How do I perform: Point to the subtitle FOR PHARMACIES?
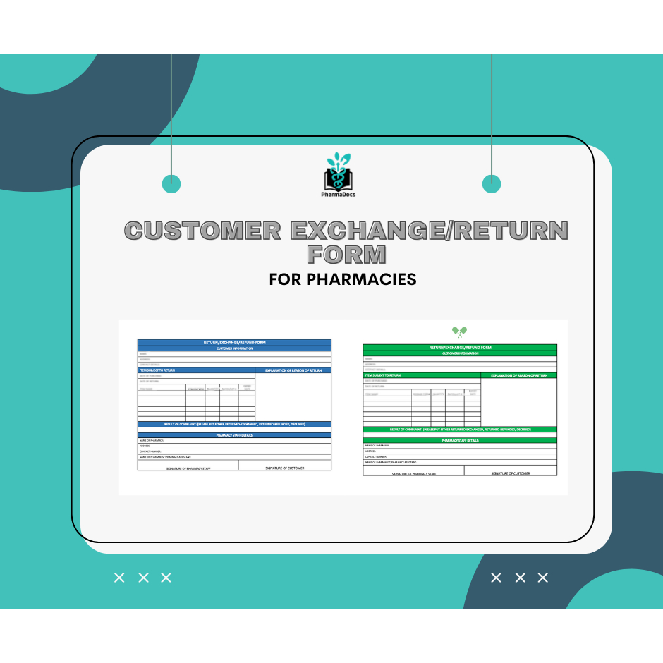click(343, 279)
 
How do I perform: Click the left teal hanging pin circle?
click(171, 184)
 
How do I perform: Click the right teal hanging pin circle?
click(492, 184)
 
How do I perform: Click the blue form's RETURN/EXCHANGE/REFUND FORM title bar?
click(234, 343)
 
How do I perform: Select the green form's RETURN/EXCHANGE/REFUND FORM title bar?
click(460, 348)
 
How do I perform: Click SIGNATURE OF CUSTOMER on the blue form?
click(285, 468)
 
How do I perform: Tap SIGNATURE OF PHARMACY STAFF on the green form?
click(414, 473)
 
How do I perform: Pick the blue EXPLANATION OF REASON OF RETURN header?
click(293, 370)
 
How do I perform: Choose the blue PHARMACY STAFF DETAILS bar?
click(234, 435)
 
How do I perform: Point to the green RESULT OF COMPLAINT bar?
click(460, 429)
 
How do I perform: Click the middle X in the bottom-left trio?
click(143, 578)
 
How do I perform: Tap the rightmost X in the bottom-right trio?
click(542, 578)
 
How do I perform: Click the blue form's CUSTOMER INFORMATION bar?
click(234, 348)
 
